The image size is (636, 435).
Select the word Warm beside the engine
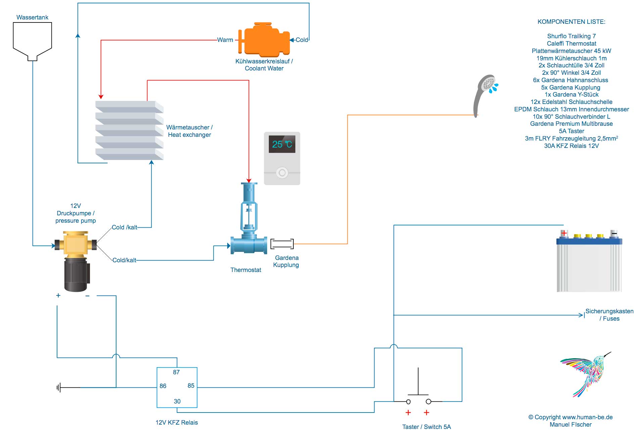pos(225,40)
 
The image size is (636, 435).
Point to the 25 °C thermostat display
pos(282,144)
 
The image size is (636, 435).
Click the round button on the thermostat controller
pos(282,173)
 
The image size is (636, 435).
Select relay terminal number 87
pos(176,372)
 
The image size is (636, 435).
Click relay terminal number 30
pos(177,401)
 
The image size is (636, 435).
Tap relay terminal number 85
pos(191,385)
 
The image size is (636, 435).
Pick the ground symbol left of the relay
pos(59,388)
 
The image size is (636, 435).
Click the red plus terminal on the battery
pos(564,233)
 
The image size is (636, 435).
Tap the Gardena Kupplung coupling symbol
pos(282,244)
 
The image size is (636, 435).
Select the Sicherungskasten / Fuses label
pos(609,315)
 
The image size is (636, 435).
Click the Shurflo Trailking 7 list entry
pos(571,36)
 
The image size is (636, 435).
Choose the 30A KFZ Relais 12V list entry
pos(571,146)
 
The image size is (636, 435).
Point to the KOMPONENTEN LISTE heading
pos(571,22)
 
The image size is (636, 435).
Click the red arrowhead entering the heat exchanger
pos(101,97)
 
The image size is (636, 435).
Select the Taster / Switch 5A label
pos(426,427)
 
